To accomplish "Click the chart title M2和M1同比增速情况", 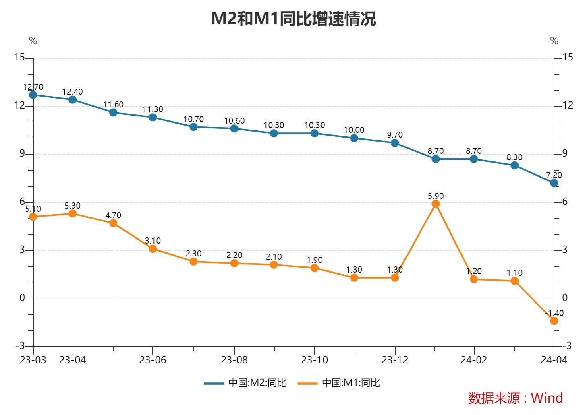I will click(x=293, y=19).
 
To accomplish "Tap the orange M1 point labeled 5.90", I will click(x=436, y=204).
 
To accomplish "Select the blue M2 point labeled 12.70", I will click(x=33, y=95).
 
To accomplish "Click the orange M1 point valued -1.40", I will click(x=554, y=321).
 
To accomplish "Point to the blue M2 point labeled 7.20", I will click(x=554, y=183).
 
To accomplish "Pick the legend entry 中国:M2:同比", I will click(x=245, y=383).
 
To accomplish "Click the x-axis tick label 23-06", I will click(x=153, y=360).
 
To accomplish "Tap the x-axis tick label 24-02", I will click(x=474, y=360).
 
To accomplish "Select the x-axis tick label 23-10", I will click(x=315, y=360).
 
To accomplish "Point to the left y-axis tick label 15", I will click(x=19, y=58).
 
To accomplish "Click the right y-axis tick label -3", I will click(x=566, y=346).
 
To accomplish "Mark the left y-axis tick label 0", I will click(x=22, y=298).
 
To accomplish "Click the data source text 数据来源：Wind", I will click(x=515, y=398).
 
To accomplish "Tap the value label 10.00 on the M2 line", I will click(x=354, y=130).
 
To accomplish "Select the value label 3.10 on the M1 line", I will click(x=153, y=241).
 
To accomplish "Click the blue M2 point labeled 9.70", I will click(x=395, y=143).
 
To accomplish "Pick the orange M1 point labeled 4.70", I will click(x=113, y=223).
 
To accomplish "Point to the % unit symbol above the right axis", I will click(x=554, y=41).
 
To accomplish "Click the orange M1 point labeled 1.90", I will click(x=315, y=268).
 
